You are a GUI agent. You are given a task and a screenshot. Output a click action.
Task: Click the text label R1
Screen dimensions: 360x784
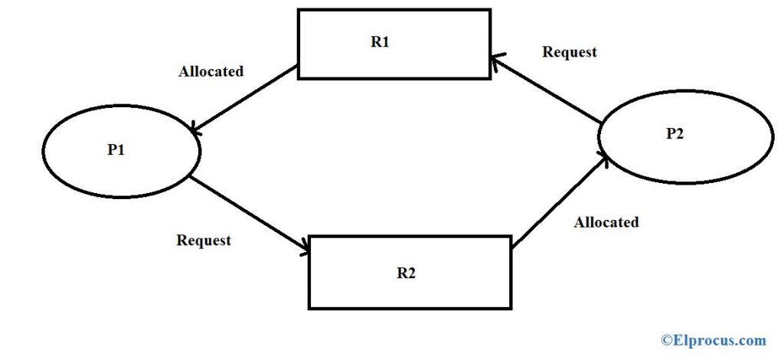click(x=380, y=42)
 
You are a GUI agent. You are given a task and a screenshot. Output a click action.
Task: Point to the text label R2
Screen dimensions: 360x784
click(x=406, y=273)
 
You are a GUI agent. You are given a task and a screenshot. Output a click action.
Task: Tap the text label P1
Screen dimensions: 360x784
click(x=116, y=150)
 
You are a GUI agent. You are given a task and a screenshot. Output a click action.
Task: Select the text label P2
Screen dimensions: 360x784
click(x=676, y=133)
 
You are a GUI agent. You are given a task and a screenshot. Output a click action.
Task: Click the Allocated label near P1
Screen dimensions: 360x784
click(x=211, y=71)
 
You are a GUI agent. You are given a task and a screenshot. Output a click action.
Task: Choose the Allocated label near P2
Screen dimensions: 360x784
click(x=606, y=222)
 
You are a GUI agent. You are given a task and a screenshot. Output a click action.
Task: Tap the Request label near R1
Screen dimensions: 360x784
click(x=569, y=52)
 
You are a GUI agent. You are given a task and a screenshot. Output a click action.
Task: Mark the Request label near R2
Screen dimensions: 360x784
click(x=204, y=241)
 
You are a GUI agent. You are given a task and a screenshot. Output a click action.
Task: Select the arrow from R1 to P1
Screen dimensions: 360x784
click(x=245, y=100)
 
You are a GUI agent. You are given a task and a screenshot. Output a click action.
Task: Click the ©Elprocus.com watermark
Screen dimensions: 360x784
click(x=714, y=339)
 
